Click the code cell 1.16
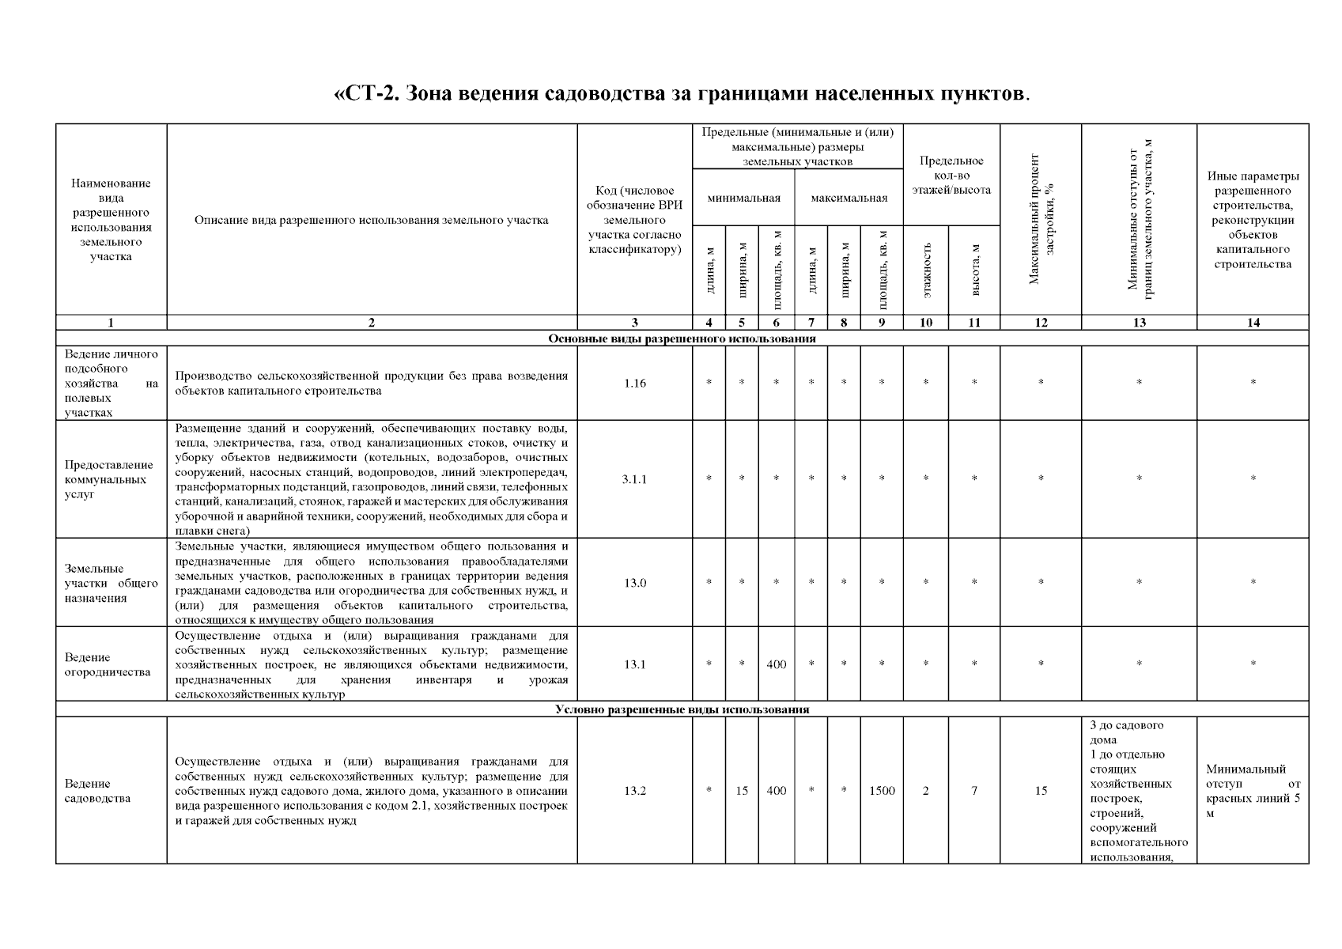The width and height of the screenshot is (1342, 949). coord(634,383)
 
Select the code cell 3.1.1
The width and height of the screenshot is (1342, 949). coord(634,479)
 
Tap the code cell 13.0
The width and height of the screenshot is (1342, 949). coord(634,583)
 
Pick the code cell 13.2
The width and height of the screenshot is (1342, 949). coord(634,790)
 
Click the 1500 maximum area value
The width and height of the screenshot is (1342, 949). coord(882,790)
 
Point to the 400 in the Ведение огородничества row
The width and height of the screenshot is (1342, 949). coord(776,664)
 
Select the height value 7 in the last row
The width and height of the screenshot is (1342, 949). coord(974,790)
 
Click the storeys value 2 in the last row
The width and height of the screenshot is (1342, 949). coord(925,790)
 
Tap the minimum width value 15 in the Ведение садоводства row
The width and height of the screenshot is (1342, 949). coord(742,790)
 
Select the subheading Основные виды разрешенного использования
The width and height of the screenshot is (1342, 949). coord(682,338)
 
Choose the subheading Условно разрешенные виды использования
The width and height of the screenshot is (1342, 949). coord(682,709)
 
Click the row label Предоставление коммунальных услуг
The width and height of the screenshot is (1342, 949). coord(109,479)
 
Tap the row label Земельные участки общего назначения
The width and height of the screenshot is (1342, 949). coord(111,583)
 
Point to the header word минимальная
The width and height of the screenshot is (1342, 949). coord(743,198)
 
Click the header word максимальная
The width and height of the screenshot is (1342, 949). coord(849,198)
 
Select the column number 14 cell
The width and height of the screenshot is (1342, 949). coord(1253,323)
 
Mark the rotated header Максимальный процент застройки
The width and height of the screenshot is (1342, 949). coord(1041,219)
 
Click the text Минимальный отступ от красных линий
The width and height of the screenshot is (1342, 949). coord(1253,790)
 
